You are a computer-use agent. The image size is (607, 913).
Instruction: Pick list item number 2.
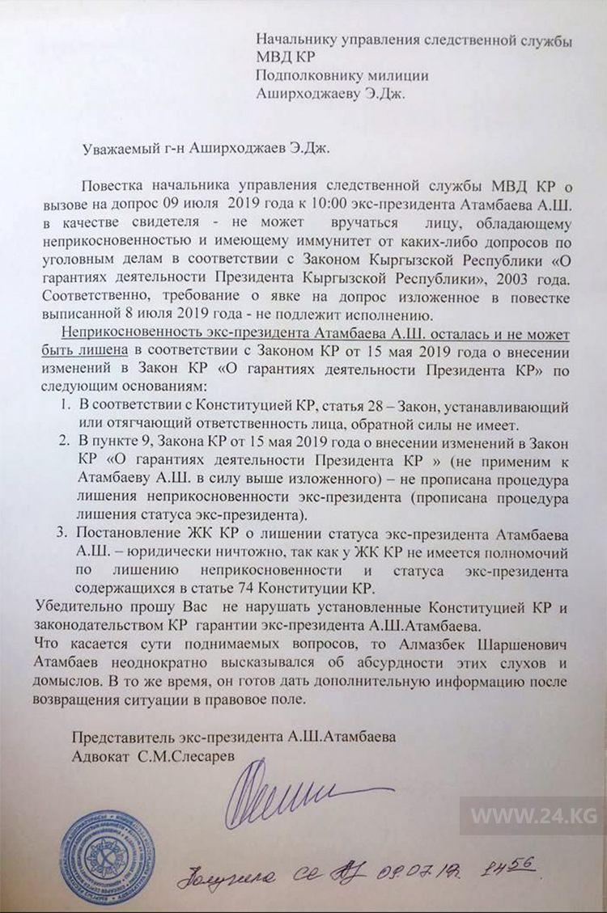pyautogui.click(x=64, y=442)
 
